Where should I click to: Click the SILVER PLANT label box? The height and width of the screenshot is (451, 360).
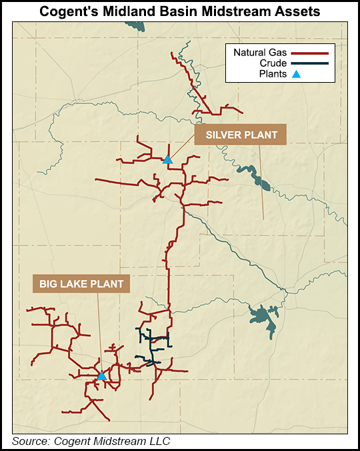[x=240, y=135]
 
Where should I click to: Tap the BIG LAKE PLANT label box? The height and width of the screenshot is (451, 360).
[x=81, y=284]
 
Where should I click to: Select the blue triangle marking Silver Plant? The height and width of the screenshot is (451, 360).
[x=167, y=159]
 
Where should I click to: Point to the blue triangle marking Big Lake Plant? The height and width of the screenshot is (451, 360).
[x=101, y=376]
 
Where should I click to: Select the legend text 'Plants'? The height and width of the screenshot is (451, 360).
[x=273, y=75]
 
